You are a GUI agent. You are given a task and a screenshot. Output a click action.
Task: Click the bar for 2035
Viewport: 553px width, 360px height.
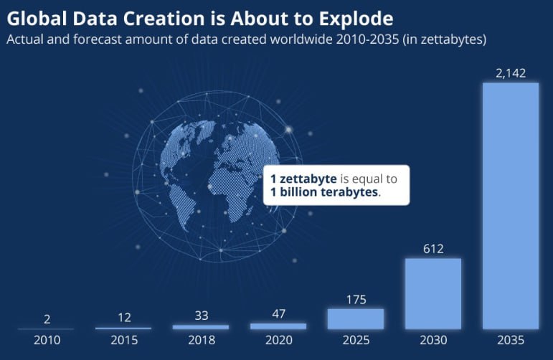click(511, 206)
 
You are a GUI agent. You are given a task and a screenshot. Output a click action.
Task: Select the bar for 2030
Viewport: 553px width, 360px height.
click(433, 293)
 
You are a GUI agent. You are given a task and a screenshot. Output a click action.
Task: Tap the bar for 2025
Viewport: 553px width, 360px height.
click(356, 318)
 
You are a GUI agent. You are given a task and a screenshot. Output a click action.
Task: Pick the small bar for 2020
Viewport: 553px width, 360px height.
click(278, 326)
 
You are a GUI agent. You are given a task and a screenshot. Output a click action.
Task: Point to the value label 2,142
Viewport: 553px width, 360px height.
click(511, 72)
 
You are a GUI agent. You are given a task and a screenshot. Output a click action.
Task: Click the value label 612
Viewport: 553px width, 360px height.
click(433, 248)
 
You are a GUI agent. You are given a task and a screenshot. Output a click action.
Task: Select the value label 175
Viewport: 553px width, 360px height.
click(356, 299)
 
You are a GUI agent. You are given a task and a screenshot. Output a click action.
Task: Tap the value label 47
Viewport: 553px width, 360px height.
click(278, 313)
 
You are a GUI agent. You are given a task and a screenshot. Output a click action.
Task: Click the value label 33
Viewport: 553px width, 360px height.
click(201, 315)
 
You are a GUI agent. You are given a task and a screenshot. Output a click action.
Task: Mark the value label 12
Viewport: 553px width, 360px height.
click(123, 318)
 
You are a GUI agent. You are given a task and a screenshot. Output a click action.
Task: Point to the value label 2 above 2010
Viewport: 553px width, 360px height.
click(47, 319)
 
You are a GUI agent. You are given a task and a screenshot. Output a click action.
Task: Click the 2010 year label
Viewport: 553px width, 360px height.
click(47, 340)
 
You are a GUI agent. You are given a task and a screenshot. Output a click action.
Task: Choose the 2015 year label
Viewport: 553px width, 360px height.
click(123, 340)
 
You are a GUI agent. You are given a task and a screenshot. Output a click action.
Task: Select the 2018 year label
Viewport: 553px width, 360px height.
click(201, 340)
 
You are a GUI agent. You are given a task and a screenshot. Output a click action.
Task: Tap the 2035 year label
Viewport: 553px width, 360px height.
click(511, 340)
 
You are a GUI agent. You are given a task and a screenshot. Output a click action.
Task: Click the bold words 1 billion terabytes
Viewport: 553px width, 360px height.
click(325, 193)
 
